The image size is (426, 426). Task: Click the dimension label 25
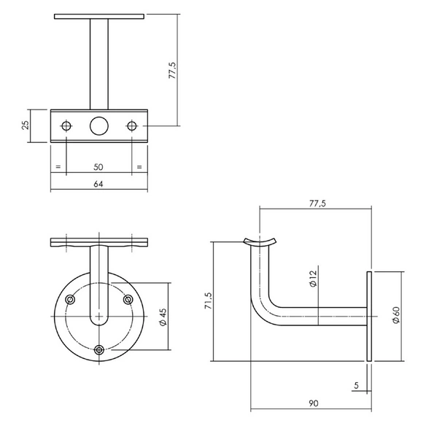coord(26,125)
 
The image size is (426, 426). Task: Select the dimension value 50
coord(98,167)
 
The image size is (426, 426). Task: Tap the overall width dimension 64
coord(98,184)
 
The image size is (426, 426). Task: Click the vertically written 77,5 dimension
coord(172,70)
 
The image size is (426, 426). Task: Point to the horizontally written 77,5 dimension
coord(317,204)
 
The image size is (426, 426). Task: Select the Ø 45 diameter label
coord(163,317)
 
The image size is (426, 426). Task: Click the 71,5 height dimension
coord(209,301)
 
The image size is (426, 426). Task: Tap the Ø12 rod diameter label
coord(313,279)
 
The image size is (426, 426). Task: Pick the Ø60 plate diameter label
coord(396,315)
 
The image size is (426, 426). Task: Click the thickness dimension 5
coord(357,385)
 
